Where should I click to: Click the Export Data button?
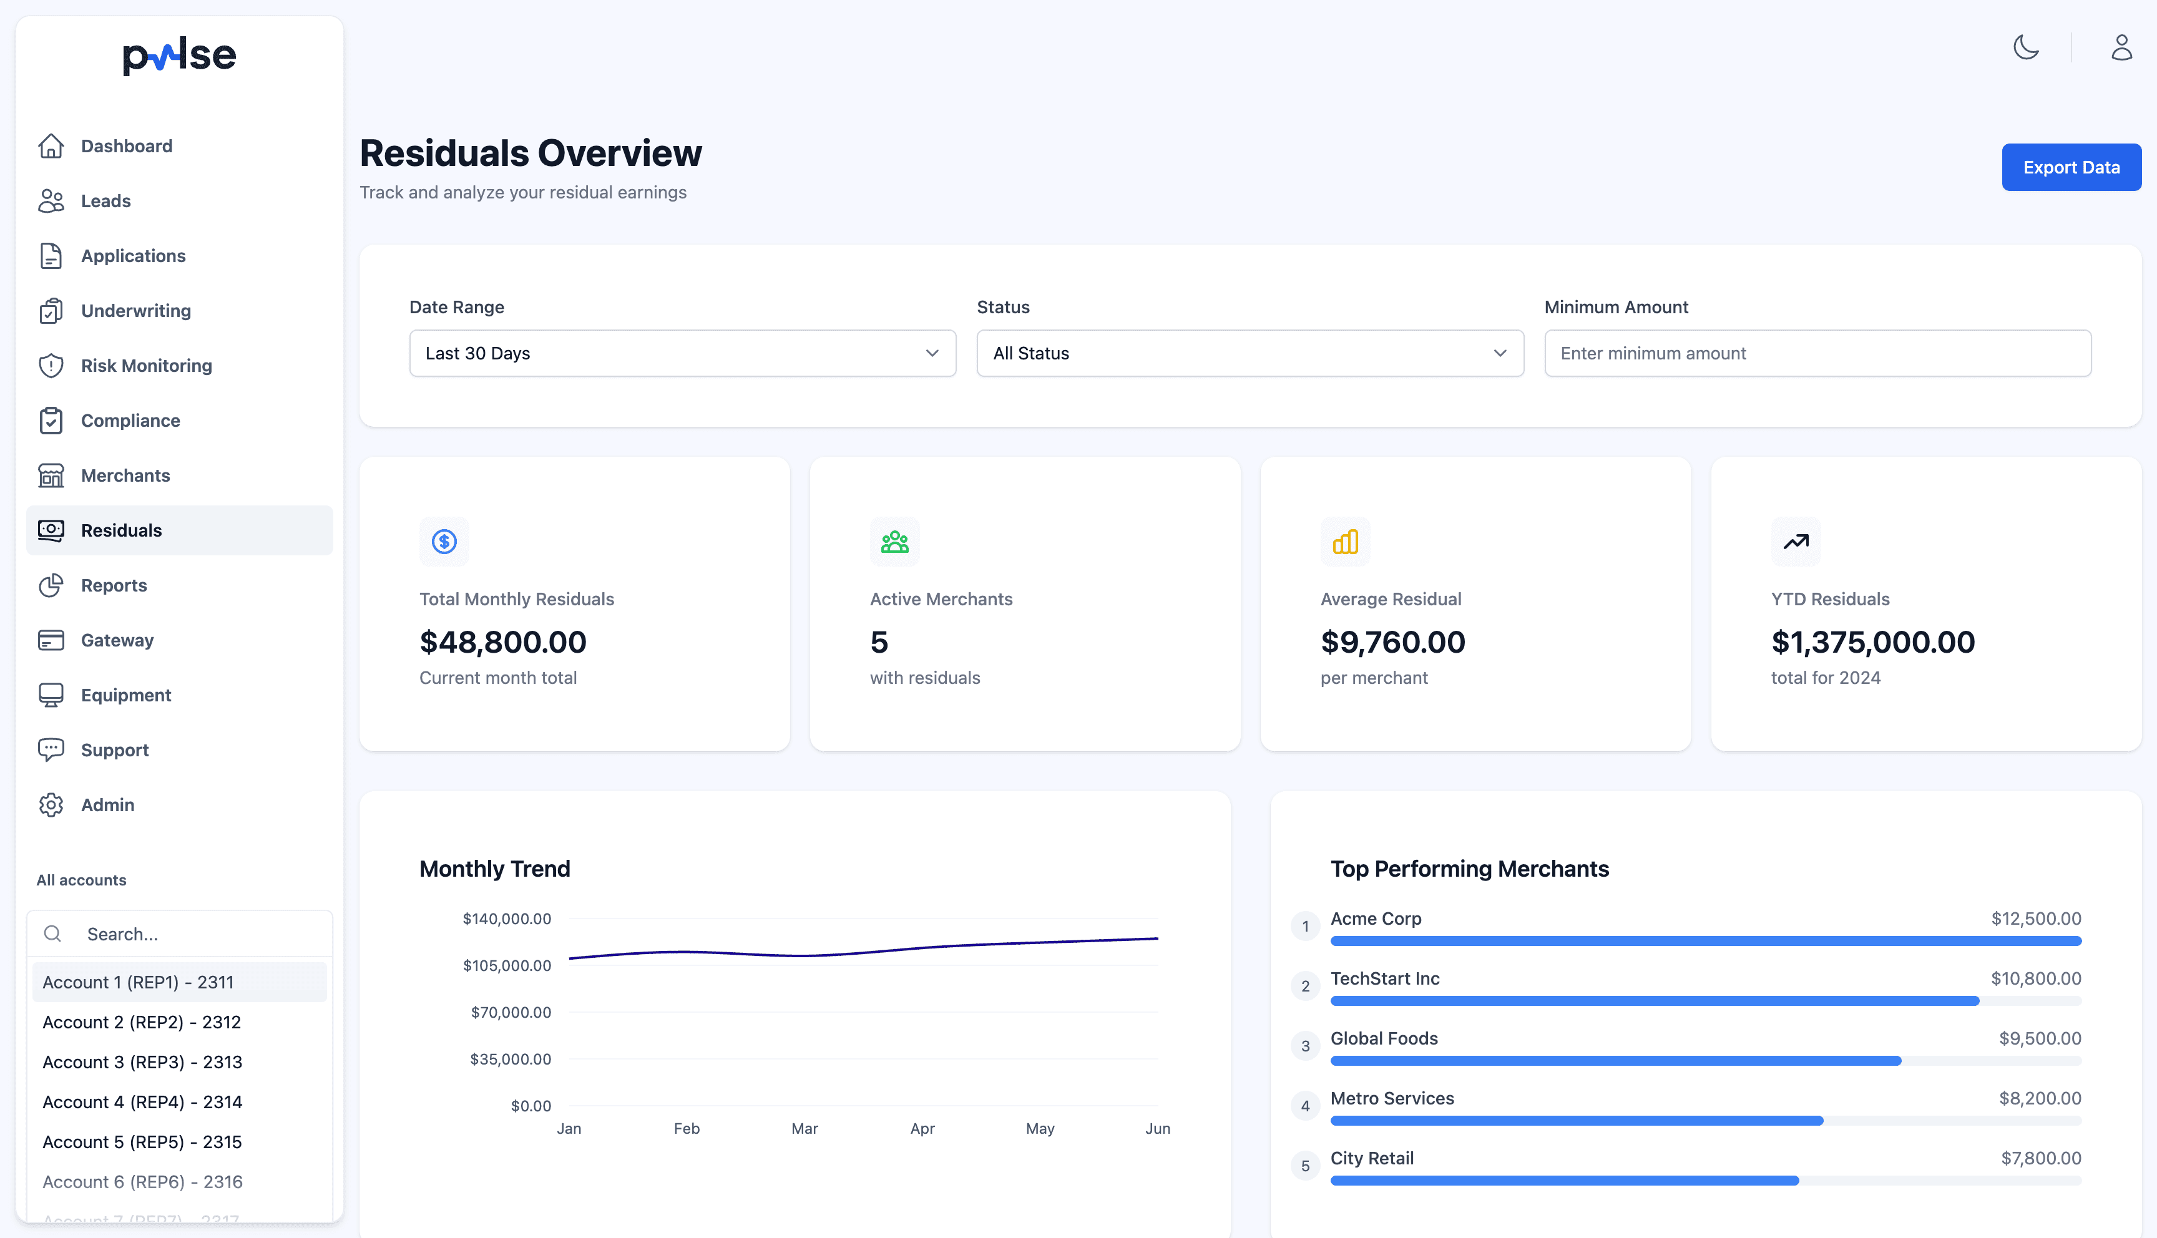pyautogui.click(x=2070, y=167)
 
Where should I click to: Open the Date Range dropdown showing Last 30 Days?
pyautogui.click(x=682, y=353)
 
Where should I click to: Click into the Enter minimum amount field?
pyautogui.click(x=1817, y=353)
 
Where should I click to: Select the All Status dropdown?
pyautogui.click(x=1249, y=353)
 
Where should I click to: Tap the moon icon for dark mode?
pyautogui.click(x=2025, y=47)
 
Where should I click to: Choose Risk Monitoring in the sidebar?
pyautogui.click(x=146, y=366)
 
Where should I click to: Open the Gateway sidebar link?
pyautogui.click(x=117, y=640)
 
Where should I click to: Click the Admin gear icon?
pyautogui.click(x=51, y=804)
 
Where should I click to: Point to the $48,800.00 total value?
pyautogui.click(x=502, y=642)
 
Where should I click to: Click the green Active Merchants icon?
pyautogui.click(x=894, y=542)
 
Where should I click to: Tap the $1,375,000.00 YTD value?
pyautogui.click(x=1872, y=642)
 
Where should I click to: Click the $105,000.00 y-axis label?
pyautogui.click(x=507, y=965)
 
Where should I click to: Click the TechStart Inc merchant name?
pyautogui.click(x=1384, y=978)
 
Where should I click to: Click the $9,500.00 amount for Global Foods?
pyautogui.click(x=2039, y=1038)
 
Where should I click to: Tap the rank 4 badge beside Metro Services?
pyautogui.click(x=1305, y=1105)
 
